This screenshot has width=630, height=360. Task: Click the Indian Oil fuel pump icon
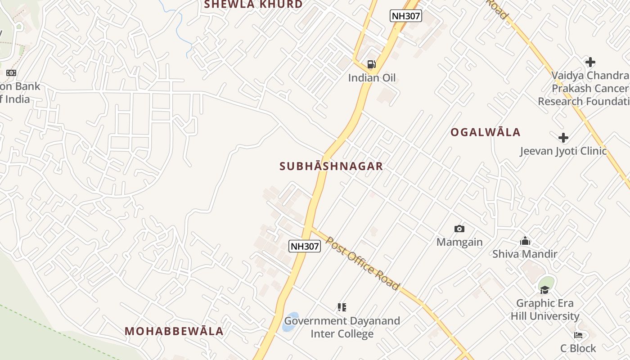click(371, 64)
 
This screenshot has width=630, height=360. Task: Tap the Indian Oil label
click(372, 78)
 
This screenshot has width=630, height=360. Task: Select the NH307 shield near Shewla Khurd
click(405, 16)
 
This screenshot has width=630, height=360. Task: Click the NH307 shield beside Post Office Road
click(305, 246)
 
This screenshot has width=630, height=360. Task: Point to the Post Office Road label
click(362, 264)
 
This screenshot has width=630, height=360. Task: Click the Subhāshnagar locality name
click(331, 166)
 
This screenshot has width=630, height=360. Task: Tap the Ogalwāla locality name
click(486, 132)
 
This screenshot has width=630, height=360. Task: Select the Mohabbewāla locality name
click(174, 331)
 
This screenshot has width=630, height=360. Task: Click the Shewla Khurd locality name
click(253, 4)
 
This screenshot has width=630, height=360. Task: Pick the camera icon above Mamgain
click(459, 229)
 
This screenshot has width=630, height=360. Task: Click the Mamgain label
click(459, 242)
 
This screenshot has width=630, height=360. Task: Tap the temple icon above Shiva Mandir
click(525, 241)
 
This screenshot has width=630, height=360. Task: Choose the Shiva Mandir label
click(525, 254)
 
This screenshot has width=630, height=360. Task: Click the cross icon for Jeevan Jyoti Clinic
click(563, 138)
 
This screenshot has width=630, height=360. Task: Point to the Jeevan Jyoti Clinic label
click(563, 151)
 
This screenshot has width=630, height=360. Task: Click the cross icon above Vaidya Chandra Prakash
click(590, 62)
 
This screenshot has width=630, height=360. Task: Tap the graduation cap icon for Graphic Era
click(545, 289)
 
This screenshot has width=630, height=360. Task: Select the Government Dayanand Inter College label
click(342, 327)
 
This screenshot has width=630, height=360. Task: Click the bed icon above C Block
click(578, 335)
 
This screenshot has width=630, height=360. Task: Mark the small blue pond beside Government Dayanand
click(291, 321)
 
